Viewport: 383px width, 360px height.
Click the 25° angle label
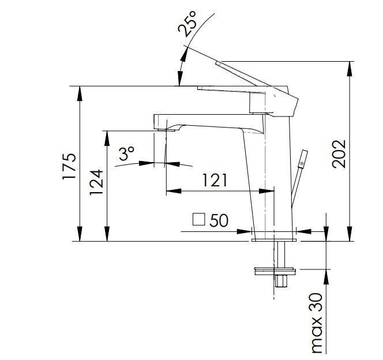[187, 24]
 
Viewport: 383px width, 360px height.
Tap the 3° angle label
[126, 153]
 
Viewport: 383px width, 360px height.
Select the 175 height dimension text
[69, 166]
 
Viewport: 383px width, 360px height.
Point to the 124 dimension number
[96, 182]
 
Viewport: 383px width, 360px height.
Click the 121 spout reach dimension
[215, 180]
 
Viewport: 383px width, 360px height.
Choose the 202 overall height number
[339, 154]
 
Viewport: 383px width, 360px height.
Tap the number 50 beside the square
[219, 220]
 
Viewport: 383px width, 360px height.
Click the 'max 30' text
[317, 323]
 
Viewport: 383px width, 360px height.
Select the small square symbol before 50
[198, 219]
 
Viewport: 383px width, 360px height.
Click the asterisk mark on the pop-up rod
[302, 163]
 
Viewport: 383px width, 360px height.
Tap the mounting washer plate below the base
[275, 271]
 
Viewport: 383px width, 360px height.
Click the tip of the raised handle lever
[217, 63]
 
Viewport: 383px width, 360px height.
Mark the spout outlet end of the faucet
[164, 130]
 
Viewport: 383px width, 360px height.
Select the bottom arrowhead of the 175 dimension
[80, 234]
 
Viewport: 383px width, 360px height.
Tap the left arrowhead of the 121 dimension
[174, 191]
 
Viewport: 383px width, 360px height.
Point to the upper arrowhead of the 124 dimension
[107, 138]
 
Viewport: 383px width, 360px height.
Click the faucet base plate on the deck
[274, 240]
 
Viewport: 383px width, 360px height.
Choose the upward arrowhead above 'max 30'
[326, 277]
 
